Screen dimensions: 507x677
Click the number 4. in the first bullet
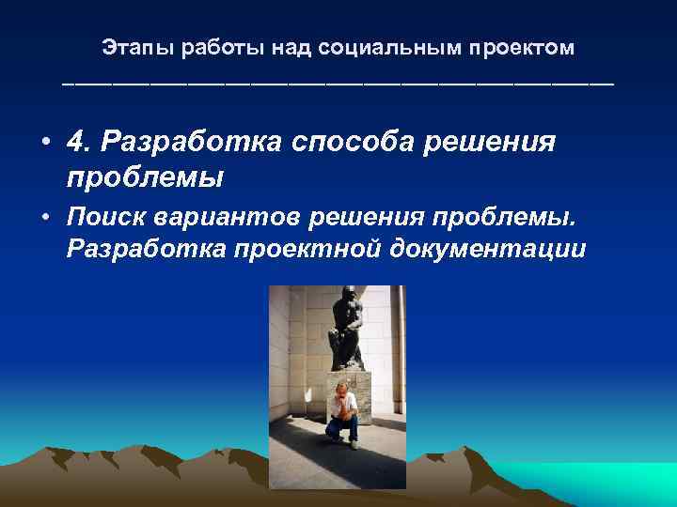tap(82, 143)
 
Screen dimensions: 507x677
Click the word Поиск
tap(100, 219)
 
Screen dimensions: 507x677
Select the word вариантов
tap(210, 219)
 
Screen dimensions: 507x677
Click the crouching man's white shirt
tap(344, 406)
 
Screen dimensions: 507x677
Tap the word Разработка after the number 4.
tap(193, 143)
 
